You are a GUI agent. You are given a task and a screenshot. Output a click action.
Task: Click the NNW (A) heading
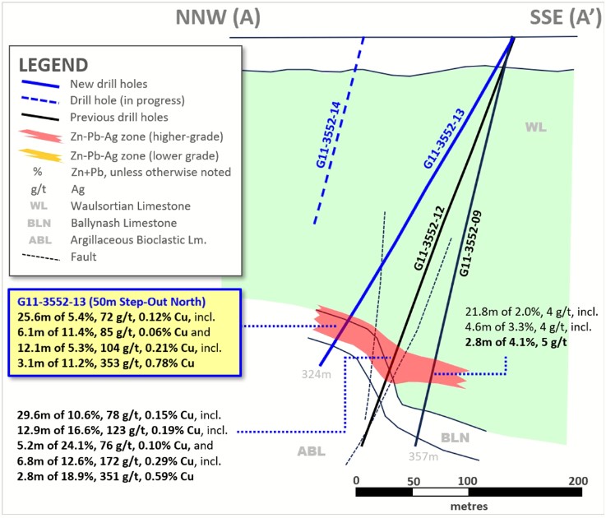(x=220, y=16)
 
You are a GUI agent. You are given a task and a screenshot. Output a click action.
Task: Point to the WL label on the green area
(x=537, y=127)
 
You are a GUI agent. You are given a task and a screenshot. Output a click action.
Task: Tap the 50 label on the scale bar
(x=413, y=480)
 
